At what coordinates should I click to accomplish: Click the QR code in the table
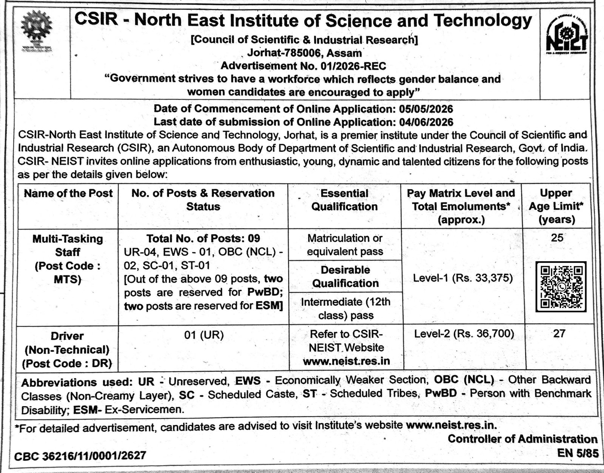pyautogui.click(x=561, y=287)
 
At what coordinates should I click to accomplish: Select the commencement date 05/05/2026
pyautogui.click(x=426, y=109)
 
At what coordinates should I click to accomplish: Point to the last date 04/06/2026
pyautogui.click(x=426, y=122)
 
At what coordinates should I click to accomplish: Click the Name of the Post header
pyautogui.click(x=68, y=194)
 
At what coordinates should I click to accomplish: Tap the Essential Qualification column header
pyautogui.click(x=344, y=200)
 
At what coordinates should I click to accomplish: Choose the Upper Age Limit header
pyautogui.click(x=556, y=206)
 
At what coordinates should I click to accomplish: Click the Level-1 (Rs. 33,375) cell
pyautogui.click(x=463, y=279)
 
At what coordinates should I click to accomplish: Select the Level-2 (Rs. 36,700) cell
pyautogui.click(x=464, y=334)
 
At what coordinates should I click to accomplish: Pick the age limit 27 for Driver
pyautogui.click(x=559, y=334)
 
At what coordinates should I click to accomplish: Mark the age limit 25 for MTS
pyautogui.click(x=557, y=237)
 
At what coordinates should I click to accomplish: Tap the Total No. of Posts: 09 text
pyautogui.click(x=203, y=239)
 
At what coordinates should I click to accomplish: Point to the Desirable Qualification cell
pyautogui.click(x=345, y=277)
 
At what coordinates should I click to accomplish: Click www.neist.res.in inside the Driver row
pyautogui.click(x=346, y=361)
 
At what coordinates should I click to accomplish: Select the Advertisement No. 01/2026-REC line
pyautogui.click(x=303, y=66)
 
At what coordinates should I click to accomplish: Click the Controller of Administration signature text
pyautogui.click(x=522, y=439)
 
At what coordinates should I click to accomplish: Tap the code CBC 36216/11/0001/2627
pyautogui.click(x=80, y=456)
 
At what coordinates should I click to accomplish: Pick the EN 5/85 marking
pyautogui.click(x=578, y=453)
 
